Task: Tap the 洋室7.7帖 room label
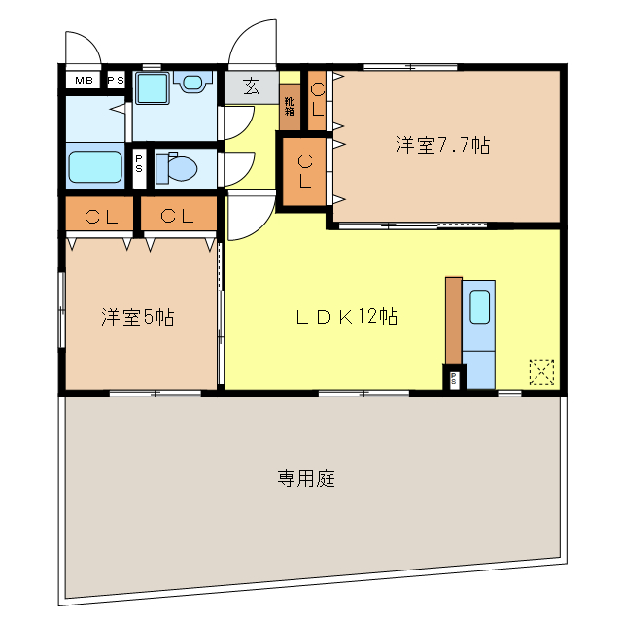[441, 146]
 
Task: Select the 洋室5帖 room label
[138, 317]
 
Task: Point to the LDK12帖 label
[346, 317]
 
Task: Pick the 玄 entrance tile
[250, 87]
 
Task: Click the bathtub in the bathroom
[95, 166]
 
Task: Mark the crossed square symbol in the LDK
[541, 371]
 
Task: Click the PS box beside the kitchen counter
[454, 378]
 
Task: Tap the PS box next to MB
[115, 81]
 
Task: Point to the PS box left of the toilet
[140, 165]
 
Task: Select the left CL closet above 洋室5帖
[101, 216]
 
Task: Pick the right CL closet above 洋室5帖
[178, 216]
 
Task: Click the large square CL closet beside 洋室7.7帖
[305, 171]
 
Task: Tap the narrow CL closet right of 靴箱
[318, 101]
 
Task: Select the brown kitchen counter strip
[453, 320]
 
